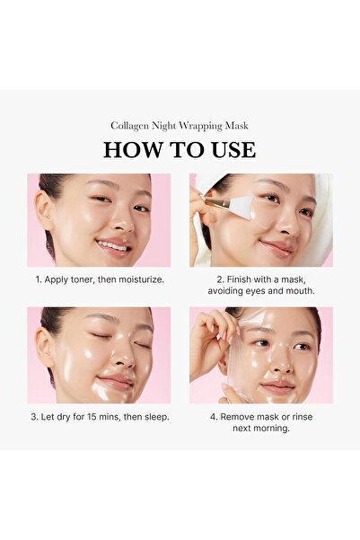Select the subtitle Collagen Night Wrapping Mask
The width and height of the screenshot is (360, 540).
(x=180, y=126)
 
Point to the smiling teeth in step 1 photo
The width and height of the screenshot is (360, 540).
(x=113, y=243)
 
